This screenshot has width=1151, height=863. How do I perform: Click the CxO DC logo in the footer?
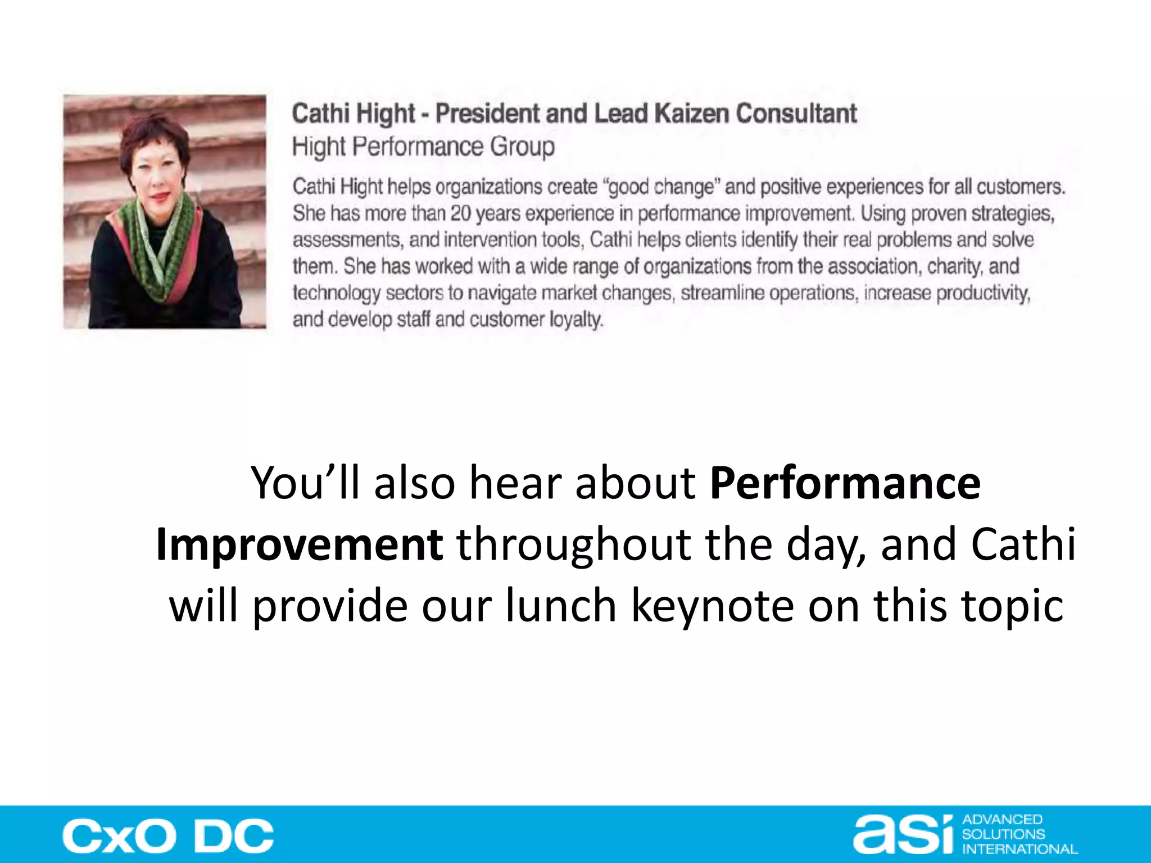(x=168, y=835)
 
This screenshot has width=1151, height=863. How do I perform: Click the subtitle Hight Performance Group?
(x=423, y=147)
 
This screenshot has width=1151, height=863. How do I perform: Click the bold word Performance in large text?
(x=845, y=483)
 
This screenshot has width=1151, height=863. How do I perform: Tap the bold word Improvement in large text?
(x=300, y=544)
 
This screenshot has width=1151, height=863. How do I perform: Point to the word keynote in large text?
(x=713, y=606)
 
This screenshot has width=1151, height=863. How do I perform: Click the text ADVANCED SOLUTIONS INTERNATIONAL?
(x=1018, y=834)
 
